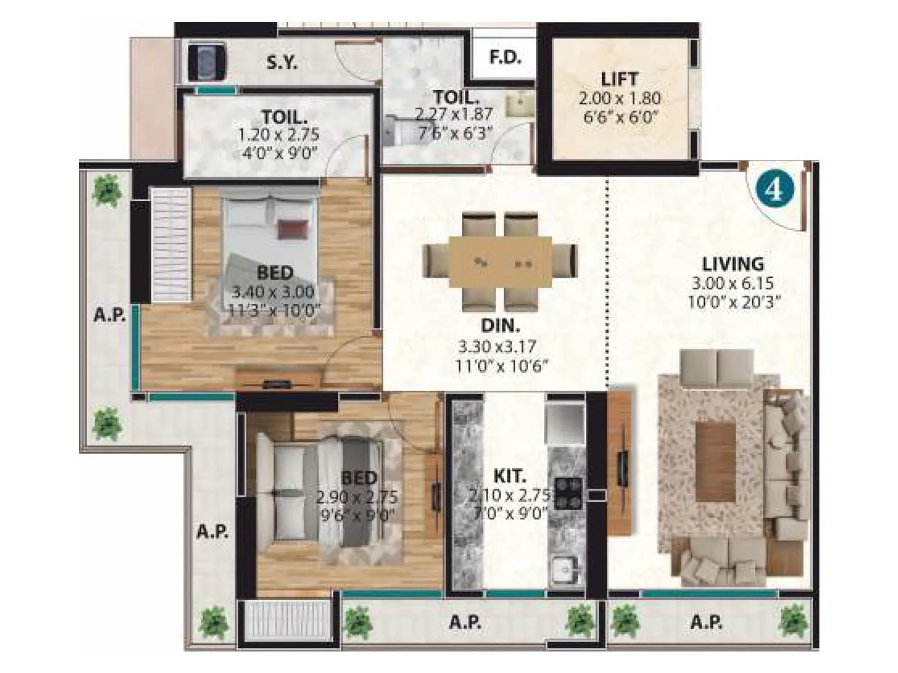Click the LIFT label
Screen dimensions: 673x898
click(x=619, y=79)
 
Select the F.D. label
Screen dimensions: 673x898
click(x=505, y=57)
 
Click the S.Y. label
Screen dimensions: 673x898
click(x=282, y=62)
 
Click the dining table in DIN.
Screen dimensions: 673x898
click(x=500, y=261)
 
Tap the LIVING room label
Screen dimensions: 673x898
click(x=733, y=264)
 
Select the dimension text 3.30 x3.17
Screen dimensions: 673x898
click(x=497, y=346)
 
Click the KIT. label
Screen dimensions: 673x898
click(x=510, y=476)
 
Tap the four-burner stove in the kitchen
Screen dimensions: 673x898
click(x=568, y=494)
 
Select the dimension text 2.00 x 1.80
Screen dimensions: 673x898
click(x=620, y=99)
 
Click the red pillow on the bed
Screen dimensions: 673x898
click(x=292, y=228)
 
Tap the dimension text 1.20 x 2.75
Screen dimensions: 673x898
click(x=278, y=135)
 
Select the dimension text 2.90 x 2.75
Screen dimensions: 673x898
click(x=357, y=497)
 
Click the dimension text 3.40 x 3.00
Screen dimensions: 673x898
click(x=273, y=292)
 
